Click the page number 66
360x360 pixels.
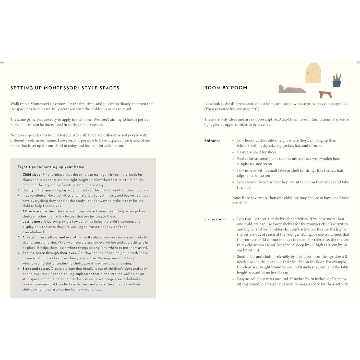pyautogui.click(x=2, y=63)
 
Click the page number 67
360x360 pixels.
pyautogui.click(x=358, y=63)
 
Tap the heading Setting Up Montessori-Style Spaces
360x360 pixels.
pyautogui.click(x=65, y=88)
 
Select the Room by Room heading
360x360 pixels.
pyautogui.click(x=226, y=88)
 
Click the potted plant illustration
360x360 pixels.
pyautogui.click(x=337, y=80)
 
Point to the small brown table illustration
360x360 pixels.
pyautogui.click(x=325, y=94)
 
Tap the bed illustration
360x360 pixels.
pyautogui.click(x=292, y=89)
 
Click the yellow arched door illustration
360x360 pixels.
pyautogui.click(x=313, y=73)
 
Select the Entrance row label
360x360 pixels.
pyautogui.click(x=212, y=141)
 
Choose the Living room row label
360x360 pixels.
pyautogui.click(x=215, y=219)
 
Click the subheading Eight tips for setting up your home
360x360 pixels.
pyautogui.click(x=51, y=167)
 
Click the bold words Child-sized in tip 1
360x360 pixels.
pyautogui.click(x=32, y=175)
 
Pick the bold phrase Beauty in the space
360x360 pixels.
pyautogui.click(x=38, y=190)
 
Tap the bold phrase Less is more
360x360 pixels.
pyautogui.click(x=33, y=222)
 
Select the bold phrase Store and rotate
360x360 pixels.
pyautogui.click(x=36, y=269)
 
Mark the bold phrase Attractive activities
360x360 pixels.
pyautogui.click(x=39, y=211)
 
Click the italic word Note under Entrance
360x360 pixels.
pyautogui.click(x=236, y=198)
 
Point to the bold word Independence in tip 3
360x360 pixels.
pyautogui.click(x=34, y=196)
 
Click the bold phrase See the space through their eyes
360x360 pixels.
pyautogui.click(x=50, y=253)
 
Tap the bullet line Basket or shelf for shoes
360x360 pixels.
pyautogui.click(x=257, y=152)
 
